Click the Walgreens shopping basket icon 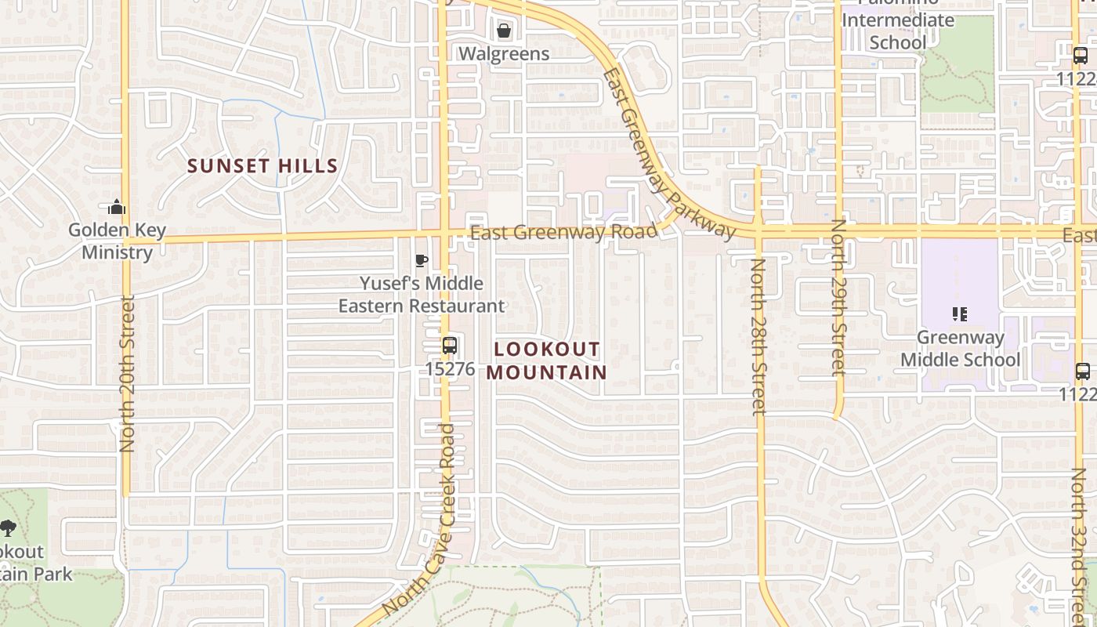(504, 31)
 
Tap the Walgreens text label (504, 54)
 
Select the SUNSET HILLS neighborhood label (262, 166)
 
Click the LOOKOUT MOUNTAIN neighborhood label (546, 361)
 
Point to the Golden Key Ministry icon (117, 208)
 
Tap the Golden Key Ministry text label (117, 241)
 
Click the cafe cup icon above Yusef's (421, 261)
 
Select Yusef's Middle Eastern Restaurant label (422, 295)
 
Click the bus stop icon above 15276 (450, 345)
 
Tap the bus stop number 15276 (450, 368)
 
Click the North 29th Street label (838, 298)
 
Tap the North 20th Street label (128, 373)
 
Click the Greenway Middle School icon (960, 314)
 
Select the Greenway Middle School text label (960, 349)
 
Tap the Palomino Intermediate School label (898, 30)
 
